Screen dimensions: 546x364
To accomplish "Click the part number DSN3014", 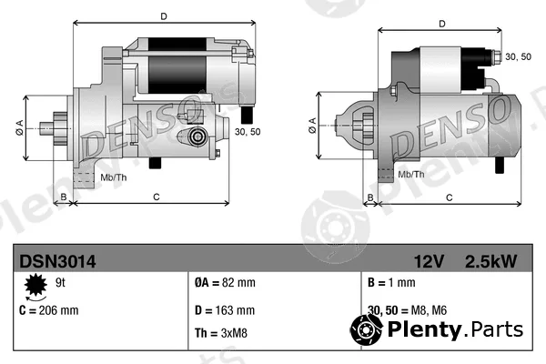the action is click(x=57, y=261).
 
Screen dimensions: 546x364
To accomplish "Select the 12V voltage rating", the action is click(x=429, y=261).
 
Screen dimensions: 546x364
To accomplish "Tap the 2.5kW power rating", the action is click(x=490, y=261).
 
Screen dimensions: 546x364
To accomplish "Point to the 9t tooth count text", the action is click(x=60, y=282).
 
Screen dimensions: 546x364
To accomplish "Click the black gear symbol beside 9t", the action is click(x=35, y=285).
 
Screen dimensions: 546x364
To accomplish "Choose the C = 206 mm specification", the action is click(x=49, y=310).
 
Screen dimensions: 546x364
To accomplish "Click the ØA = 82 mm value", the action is click(x=225, y=282).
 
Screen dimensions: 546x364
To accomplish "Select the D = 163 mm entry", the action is click(x=225, y=310).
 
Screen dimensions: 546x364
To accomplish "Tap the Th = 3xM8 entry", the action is click(x=221, y=333).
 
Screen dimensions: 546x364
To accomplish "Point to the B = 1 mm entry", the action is click(x=391, y=282).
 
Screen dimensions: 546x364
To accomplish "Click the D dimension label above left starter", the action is click(x=164, y=16).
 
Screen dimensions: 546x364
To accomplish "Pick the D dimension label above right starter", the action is click(x=442, y=24).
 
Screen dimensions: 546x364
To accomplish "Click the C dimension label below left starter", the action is click(x=157, y=197).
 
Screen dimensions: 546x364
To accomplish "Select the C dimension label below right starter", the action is click(x=450, y=197).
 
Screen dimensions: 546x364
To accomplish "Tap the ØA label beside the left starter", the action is click(x=19, y=127).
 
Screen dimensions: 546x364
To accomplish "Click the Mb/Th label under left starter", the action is click(x=114, y=177).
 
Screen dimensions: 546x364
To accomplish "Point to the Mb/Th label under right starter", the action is click(x=411, y=174).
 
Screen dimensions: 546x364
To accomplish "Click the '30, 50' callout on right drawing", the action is click(x=518, y=56).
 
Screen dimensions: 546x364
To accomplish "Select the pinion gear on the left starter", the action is click(x=60, y=128).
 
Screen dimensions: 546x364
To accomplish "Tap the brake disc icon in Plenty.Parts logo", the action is click(x=366, y=329).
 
